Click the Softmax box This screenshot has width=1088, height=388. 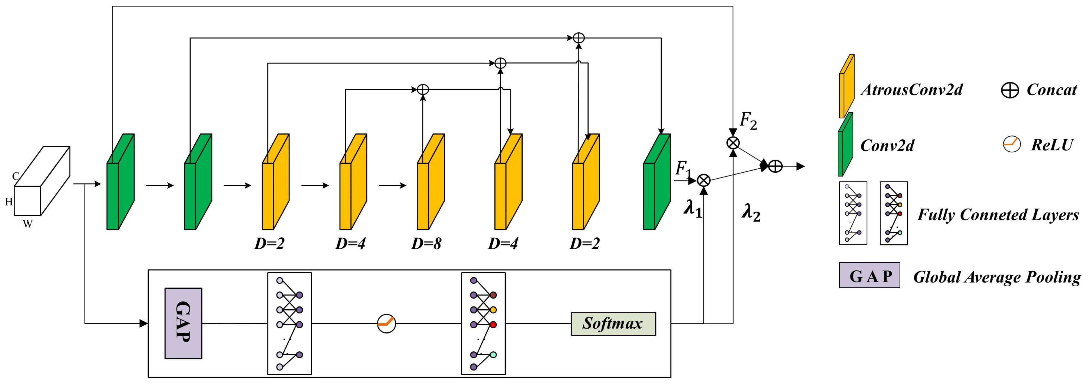coord(613,324)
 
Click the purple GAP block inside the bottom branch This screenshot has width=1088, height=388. coord(183,323)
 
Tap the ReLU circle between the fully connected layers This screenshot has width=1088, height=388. coord(386,323)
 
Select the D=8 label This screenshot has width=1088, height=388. coord(426,244)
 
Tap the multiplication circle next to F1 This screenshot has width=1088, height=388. coord(703,181)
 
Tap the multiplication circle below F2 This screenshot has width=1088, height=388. coord(733,143)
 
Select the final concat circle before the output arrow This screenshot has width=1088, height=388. coord(775,166)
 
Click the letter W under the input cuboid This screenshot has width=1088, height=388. coord(27,224)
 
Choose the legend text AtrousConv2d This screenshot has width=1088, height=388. coord(911,90)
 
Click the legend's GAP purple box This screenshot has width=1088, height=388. coord(869,276)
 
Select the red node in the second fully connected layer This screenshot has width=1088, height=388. coord(493,324)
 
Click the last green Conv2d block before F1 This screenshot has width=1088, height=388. coord(657,182)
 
